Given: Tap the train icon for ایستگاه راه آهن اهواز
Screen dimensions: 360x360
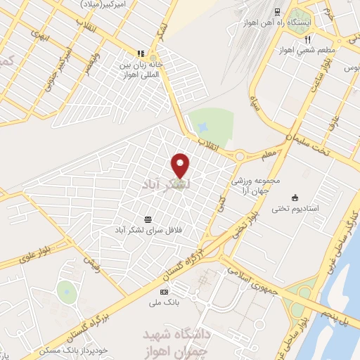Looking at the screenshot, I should (x=277, y=12).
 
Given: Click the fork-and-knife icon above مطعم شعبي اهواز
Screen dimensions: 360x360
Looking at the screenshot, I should (x=307, y=39).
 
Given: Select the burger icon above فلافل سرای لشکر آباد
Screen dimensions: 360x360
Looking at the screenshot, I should (x=147, y=219).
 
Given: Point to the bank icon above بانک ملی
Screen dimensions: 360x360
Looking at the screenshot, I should (x=165, y=292).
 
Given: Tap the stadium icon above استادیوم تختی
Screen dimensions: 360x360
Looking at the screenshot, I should (x=295, y=198).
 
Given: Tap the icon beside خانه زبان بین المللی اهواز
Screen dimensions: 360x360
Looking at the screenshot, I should (x=141, y=53).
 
